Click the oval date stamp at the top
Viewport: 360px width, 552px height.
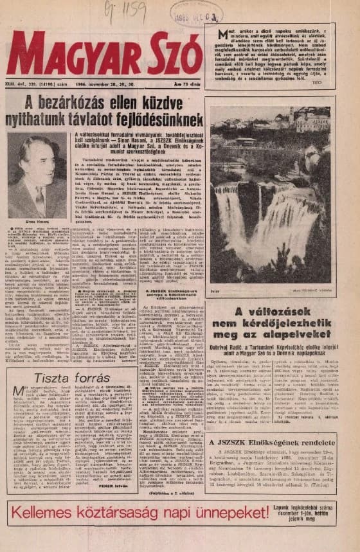tap(196, 13)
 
